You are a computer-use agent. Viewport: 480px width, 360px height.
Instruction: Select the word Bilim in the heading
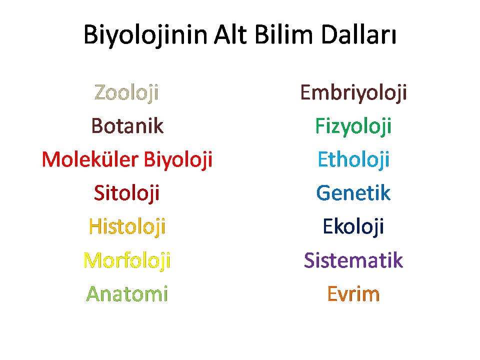coord(284,34)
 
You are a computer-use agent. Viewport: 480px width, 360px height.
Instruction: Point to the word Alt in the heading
coord(230,34)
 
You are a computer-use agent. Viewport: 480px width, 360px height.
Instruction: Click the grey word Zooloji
coord(126,93)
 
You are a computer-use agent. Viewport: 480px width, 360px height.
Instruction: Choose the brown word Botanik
coord(127,125)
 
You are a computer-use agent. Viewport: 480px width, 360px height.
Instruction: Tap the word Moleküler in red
coord(90,159)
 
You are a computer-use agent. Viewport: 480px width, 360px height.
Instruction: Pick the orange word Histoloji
coord(127,227)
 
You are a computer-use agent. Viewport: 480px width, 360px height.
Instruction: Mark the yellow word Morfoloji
coord(127,261)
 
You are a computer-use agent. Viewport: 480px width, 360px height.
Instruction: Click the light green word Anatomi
coord(127,294)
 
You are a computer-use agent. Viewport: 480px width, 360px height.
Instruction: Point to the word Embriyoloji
coord(353,93)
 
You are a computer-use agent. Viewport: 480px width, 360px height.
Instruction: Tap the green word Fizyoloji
coord(353,126)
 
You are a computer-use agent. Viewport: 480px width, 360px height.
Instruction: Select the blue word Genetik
coord(353,193)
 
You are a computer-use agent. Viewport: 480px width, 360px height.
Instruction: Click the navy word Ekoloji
coord(353,227)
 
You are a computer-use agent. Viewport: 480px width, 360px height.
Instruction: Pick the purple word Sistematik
coord(353,260)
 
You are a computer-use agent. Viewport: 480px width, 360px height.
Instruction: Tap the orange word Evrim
coord(353,294)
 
